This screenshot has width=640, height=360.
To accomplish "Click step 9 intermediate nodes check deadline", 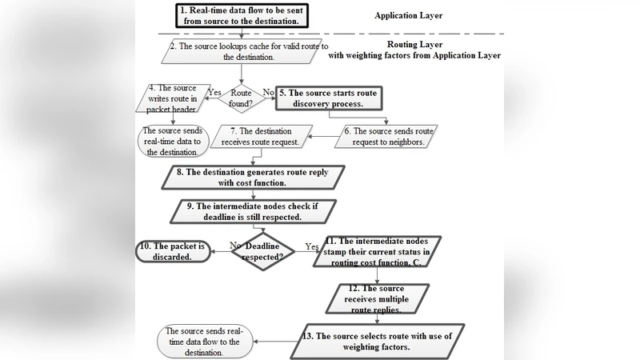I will click(x=255, y=210).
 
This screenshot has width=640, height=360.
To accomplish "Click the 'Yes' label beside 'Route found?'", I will click(x=214, y=92).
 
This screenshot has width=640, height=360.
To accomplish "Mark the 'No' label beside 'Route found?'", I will click(x=270, y=92).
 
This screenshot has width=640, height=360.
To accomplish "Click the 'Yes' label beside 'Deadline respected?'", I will click(x=312, y=247).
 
